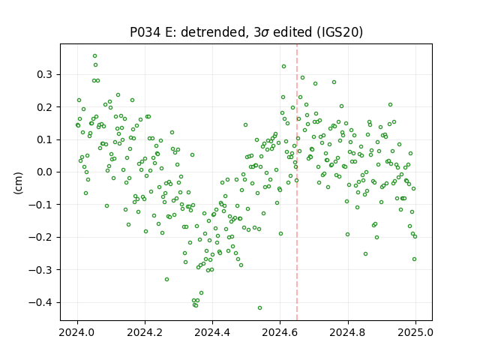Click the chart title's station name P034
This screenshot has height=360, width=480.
145,32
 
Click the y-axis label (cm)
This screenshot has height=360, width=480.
18,183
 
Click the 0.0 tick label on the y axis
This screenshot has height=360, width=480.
45,172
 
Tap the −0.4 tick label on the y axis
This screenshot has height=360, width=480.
40,302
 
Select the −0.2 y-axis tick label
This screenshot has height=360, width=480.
40,237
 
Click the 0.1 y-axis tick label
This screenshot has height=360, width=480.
45,139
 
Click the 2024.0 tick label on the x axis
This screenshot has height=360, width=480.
77,332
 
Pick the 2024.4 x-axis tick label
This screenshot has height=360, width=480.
212,332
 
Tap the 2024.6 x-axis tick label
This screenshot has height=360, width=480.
280,332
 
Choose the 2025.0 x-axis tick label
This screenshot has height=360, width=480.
415,332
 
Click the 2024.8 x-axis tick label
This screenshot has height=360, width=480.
348,332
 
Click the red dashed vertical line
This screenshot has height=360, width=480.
297,182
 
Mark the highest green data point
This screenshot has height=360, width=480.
95,56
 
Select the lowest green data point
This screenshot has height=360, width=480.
260,308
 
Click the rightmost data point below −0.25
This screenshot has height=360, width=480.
415,259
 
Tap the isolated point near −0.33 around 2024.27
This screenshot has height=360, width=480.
166,280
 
